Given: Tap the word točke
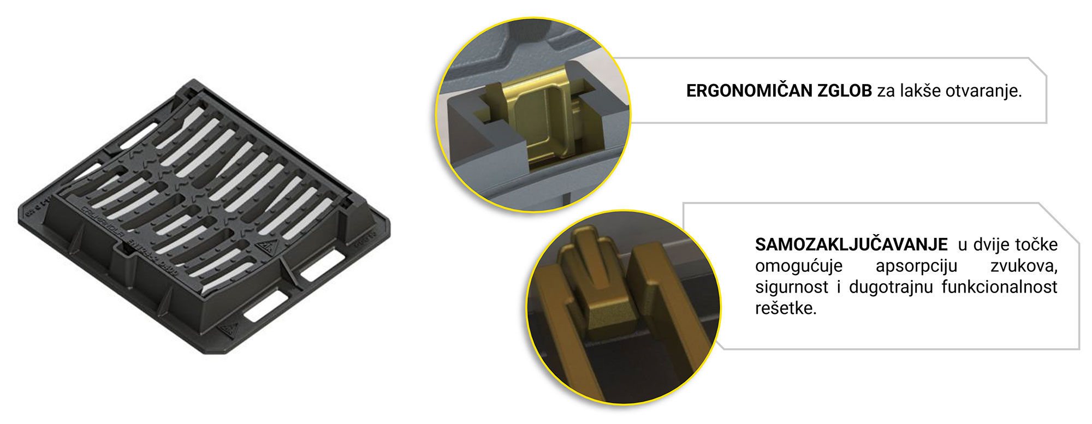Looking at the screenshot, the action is click(x=1036, y=244).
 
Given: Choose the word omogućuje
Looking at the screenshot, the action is click(x=799, y=266).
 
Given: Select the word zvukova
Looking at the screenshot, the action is click(x=1024, y=266).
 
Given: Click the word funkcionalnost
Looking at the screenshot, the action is click(x=1000, y=286).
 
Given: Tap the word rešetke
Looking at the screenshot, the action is click(x=786, y=308).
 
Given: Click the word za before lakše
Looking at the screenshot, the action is click(x=886, y=91).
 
